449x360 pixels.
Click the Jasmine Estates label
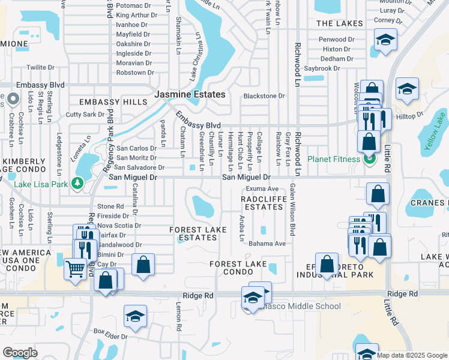[x=190, y=95]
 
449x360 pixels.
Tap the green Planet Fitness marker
[x=369, y=159]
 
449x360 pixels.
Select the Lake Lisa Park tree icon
[x=77, y=183]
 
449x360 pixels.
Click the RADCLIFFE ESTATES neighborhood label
[x=262, y=203]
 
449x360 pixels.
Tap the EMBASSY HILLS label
[x=118, y=102]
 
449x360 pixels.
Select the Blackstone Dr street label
[x=264, y=96]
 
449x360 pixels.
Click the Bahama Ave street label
[x=267, y=244]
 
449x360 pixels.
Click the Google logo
[x=20, y=353]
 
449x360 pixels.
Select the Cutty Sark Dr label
[x=86, y=114]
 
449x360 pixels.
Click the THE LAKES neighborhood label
[x=340, y=23]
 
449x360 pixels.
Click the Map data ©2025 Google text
[x=412, y=355]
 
